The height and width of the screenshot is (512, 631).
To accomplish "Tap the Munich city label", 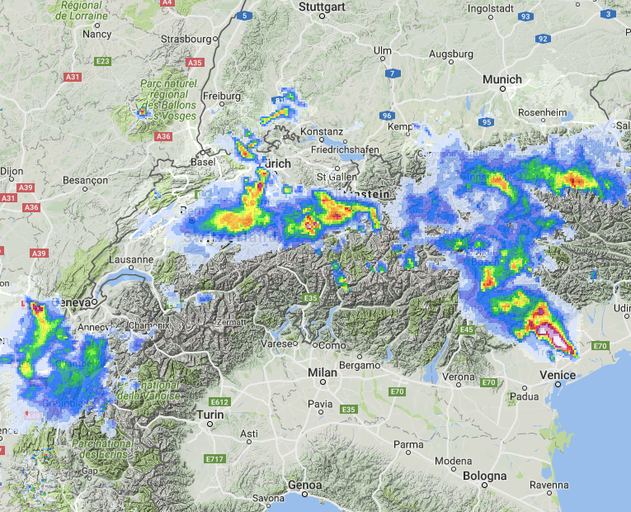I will pos(502,79).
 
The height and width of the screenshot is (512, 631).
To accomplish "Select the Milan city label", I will pos(322,373).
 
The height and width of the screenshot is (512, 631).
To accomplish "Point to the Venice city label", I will pos(558,376).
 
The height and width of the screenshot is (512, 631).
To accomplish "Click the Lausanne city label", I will pos(129,259).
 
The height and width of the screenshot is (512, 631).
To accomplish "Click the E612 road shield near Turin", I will pos(219,402).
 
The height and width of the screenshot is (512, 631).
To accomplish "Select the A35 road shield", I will pos(195,62).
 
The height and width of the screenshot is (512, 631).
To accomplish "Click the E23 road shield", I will pos(103,61).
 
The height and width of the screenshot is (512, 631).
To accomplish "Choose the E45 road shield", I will pos(467,329).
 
